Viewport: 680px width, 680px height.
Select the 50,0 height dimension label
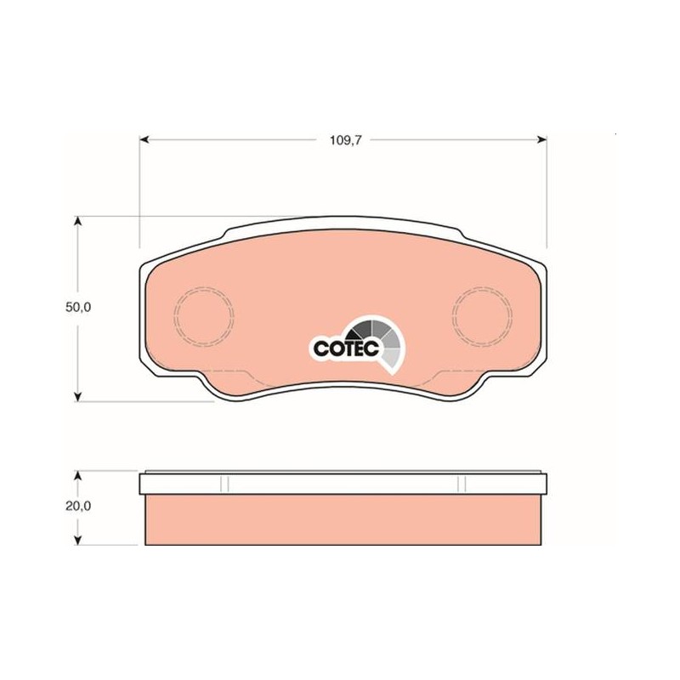(78, 307)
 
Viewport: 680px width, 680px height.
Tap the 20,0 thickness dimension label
(78, 506)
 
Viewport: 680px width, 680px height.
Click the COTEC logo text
(346, 348)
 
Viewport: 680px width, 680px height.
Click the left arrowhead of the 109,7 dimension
(144, 139)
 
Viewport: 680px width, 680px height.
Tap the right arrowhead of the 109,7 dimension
(541, 139)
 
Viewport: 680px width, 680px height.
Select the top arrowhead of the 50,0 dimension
(77, 221)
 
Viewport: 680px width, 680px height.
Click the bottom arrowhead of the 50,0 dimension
(77, 396)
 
